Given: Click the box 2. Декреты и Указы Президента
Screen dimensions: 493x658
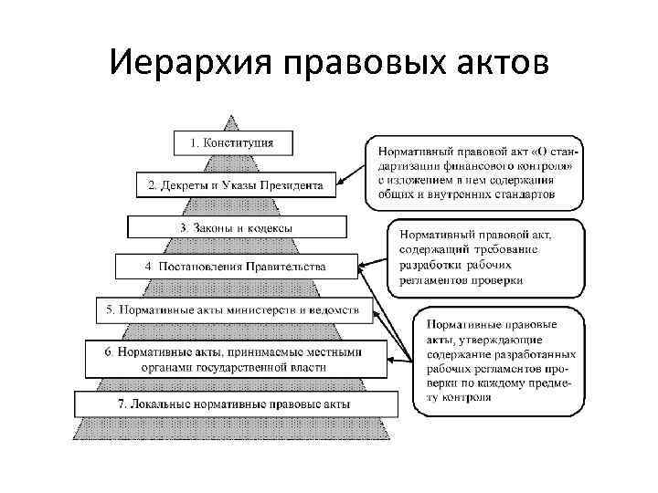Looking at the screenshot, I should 235,185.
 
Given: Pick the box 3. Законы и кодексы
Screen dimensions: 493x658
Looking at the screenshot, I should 236,226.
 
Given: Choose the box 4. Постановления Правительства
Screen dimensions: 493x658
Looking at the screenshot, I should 236,267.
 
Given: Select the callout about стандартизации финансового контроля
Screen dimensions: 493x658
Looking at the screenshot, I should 476,171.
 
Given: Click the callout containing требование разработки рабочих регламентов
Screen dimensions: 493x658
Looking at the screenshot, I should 485,257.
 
